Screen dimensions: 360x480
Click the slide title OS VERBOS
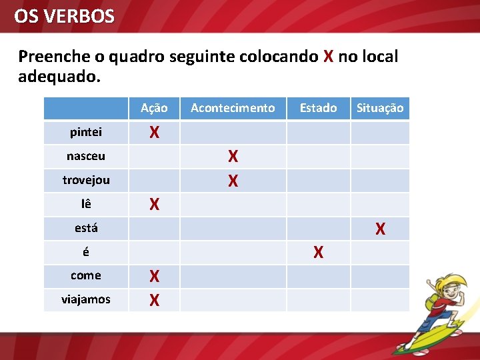[64, 16]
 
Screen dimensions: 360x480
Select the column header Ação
[154, 108]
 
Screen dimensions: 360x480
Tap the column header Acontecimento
[233, 108]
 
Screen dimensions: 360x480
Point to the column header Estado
[318, 108]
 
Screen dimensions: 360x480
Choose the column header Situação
[380, 108]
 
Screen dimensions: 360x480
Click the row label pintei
[86, 132]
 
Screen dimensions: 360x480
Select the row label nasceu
[86, 156]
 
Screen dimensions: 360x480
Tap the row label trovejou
[86, 180]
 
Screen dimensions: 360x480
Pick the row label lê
[86, 204]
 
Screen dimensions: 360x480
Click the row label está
[86, 228]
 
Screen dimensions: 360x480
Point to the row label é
[86, 252]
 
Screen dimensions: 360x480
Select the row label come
[86, 275]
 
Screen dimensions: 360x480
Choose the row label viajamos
[86, 299]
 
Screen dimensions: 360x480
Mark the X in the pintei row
[154, 133]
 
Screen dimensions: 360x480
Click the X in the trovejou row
[233, 181]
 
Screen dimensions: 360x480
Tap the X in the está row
[380, 229]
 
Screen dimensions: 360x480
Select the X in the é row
[319, 253]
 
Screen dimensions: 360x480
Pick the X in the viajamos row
[154, 301]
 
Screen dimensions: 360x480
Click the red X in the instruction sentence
[328, 57]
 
